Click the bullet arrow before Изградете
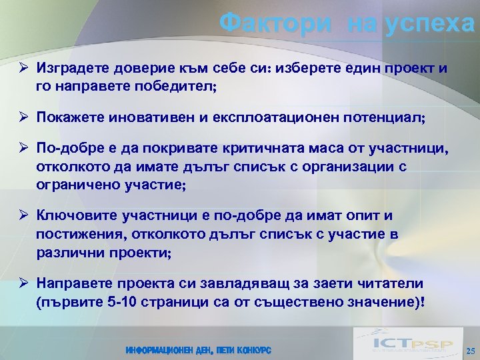[22, 68]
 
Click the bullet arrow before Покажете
[22, 117]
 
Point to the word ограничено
[75, 185]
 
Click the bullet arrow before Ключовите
[22, 217]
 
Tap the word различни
[67, 253]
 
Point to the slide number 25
[470, 351]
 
